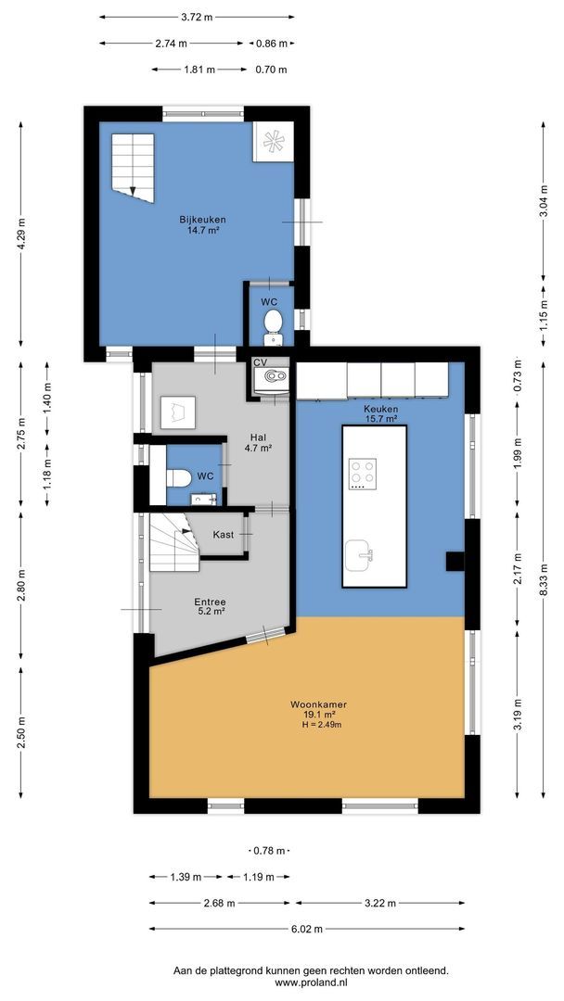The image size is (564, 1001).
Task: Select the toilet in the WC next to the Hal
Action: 179,476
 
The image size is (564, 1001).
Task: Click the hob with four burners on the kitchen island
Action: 361,474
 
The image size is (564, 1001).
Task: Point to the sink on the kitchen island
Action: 360,556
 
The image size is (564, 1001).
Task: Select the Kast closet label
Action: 223,535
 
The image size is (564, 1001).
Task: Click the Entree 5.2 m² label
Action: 211,607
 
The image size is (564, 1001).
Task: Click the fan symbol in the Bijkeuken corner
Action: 275,141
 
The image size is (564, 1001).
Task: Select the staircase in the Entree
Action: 174,548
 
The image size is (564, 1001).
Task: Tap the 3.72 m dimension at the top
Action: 196,17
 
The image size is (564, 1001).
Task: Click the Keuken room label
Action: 380,408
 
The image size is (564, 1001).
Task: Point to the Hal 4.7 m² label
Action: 257,442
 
